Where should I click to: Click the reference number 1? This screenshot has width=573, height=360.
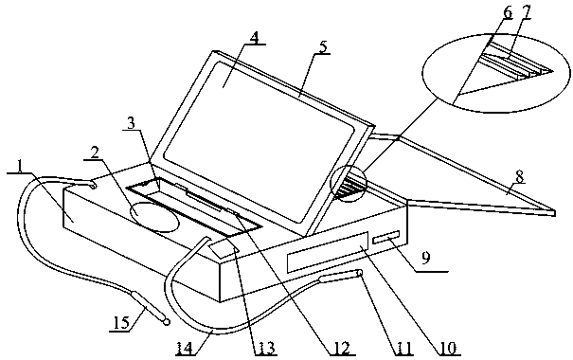click(x=20, y=167)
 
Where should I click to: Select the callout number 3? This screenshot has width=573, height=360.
click(x=131, y=123)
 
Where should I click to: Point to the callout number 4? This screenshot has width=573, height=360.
click(x=255, y=38)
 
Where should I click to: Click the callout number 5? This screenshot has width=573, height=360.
click(x=322, y=47)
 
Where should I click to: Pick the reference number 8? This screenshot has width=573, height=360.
click(x=520, y=177)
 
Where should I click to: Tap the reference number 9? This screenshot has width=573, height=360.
click(x=425, y=258)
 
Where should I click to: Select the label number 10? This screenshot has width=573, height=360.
click(x=448, y=349)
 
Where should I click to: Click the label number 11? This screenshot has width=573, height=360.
click(x=403, y=349)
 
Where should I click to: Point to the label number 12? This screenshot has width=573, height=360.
click(x=342, y=349)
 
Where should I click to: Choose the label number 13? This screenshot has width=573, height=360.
click(x=266, y=349)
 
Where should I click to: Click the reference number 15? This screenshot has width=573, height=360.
click(x=121, y=323)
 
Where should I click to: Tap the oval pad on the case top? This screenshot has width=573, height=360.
click(x=155, y=217)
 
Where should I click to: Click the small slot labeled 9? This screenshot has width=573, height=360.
click(x=385, y=237)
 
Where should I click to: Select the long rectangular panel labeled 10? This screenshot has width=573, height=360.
click(x=328, y=251)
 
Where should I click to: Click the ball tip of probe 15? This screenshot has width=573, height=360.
click(x=167, y=322)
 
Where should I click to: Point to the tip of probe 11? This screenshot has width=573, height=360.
click(x=360, y=272)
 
